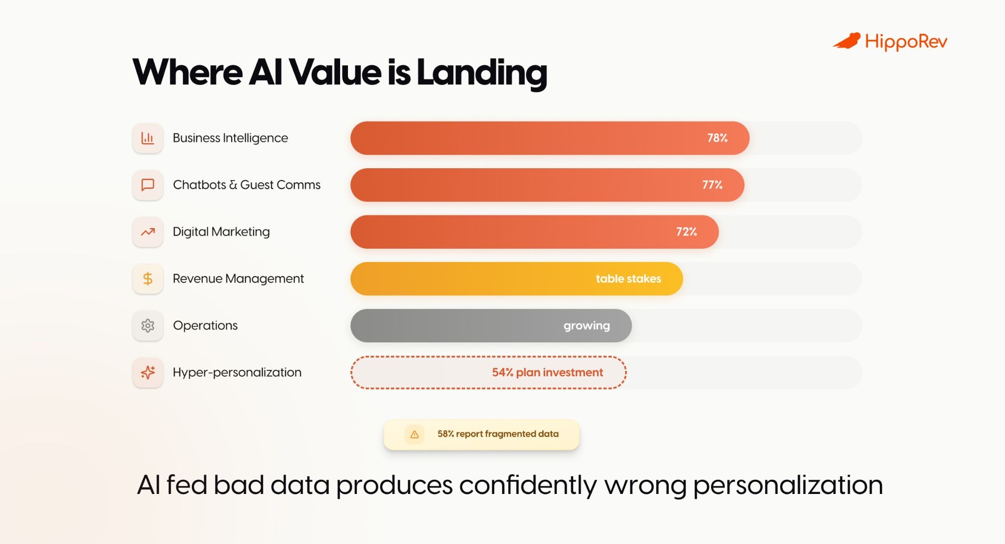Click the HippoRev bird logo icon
[846, 41]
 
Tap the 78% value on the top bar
[717, 138]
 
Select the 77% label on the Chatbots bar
[712, 185]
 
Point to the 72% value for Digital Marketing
[686, 232]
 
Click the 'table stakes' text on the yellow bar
[628, 279]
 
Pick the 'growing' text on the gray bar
[586, 326]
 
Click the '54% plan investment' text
[547, 372]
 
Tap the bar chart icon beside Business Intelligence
[148, 138]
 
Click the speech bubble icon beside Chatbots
[148, 185]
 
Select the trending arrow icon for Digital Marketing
[148, 232]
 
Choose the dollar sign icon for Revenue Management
[148, 279]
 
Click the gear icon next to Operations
[148, 326]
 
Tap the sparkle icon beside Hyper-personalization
[148, 372]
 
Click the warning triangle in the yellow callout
[414, 434]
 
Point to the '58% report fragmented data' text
[498, 434]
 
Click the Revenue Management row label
[238, 279]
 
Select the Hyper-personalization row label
[237, 372]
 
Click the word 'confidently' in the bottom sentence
[528, 485]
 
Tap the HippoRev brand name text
[905, 42]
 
